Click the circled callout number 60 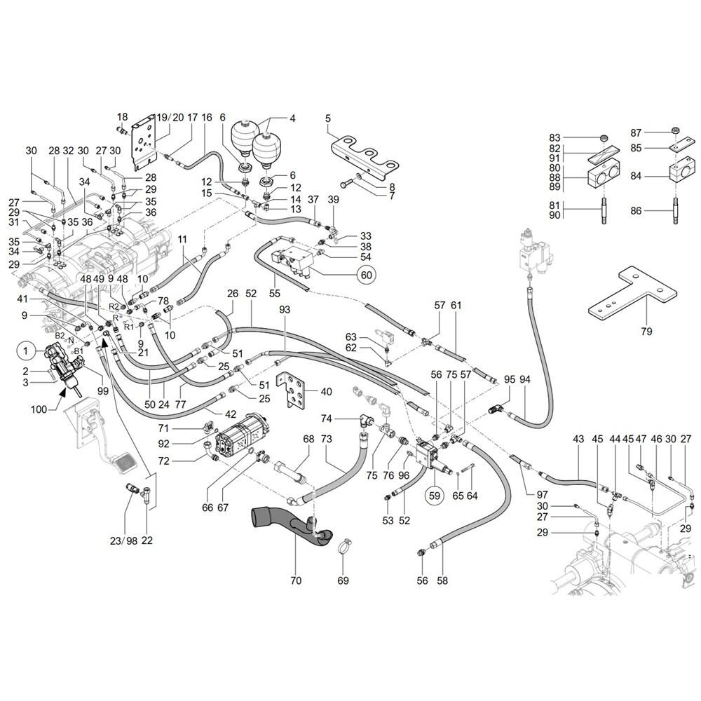click(x=366, y=275)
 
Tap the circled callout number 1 click(x=26, y=348)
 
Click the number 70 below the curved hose click(x=295, y=580)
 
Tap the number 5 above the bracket click(x=327, y=118)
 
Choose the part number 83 click(x=554, y=137)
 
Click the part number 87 click(x=635, y=132)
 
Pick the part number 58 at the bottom click(x=442, y=580)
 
